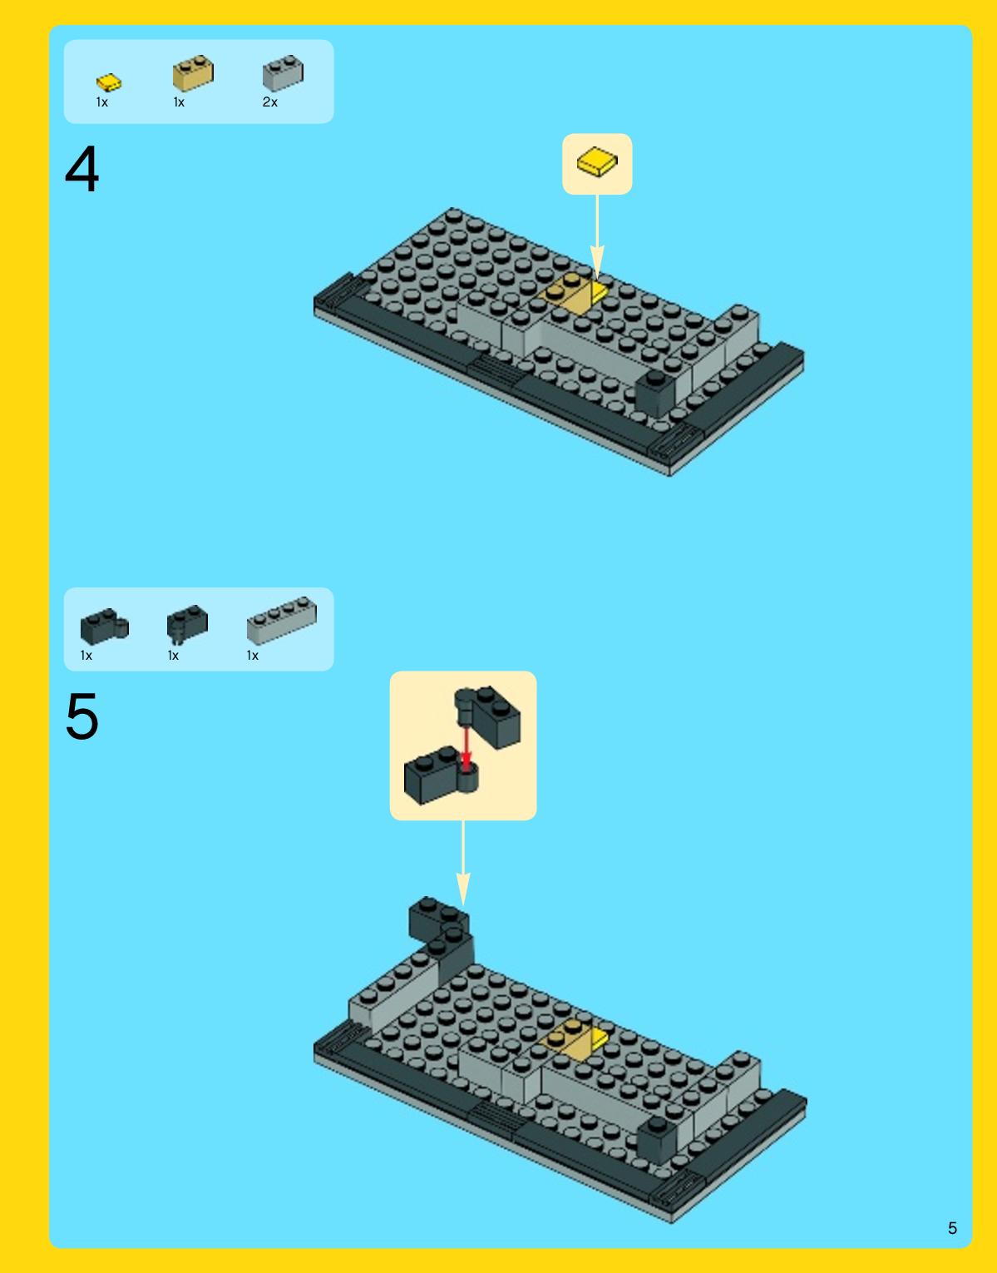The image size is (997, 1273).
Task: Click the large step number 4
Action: [82, 169]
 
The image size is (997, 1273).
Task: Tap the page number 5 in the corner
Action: [952, 1227]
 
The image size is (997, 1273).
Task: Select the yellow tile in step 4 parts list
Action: [109, 82]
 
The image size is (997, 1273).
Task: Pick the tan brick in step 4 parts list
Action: [193, 72]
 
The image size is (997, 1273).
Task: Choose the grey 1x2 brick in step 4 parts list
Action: [283, 72]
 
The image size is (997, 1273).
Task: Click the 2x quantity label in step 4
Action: [270, 102]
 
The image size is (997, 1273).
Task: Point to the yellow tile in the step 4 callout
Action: [597, 161]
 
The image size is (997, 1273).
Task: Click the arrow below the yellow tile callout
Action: [597, 236]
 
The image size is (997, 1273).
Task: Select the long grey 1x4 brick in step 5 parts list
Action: [282, 620]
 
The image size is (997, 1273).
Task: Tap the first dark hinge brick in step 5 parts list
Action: [104, 627]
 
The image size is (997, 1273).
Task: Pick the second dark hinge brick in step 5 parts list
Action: [187, 623]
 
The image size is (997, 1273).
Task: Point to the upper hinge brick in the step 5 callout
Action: [487, 716]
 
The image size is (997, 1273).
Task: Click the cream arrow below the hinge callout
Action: [463, 863]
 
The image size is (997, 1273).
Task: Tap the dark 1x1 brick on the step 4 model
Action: [656, 393]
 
